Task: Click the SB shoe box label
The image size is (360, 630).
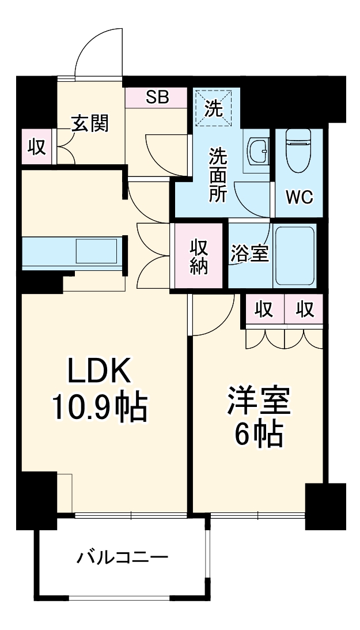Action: (x=157, y=97)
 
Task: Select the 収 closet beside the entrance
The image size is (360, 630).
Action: (x=37, y=147)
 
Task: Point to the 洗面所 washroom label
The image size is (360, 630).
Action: (x=217, y=174)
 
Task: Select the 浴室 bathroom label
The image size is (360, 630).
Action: (x=250, y=254)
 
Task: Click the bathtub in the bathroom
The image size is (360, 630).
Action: (x=295, y=255)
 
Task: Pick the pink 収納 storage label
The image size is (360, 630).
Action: (x=199, y=255)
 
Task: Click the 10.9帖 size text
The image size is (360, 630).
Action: (x=100, y=408)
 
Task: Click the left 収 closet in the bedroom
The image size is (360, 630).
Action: (x=264, y=310)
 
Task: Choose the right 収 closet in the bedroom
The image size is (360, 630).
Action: (x=305, y=310)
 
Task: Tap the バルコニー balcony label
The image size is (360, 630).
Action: (x=123, y=557)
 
